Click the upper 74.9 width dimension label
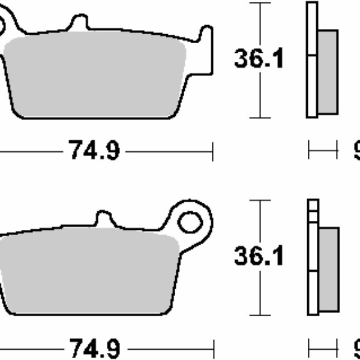click(95, 151)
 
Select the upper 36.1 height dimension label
click(259, 59)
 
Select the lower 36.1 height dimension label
click(259, 256)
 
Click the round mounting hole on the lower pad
click(190, 223)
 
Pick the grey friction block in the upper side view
click(327, 72)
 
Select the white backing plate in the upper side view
click(311, 60)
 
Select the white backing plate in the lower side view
click(311, 258)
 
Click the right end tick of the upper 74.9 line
click(212, 151)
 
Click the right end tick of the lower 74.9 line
click(212, 348)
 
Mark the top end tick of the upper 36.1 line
click(259, 3)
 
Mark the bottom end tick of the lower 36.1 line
click(259, 315)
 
